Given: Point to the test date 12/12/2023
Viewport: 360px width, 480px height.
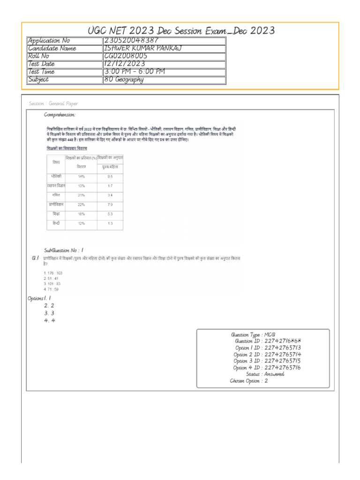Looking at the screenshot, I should click(125, 64).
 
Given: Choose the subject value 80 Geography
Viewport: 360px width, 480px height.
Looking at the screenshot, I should click(124, 79).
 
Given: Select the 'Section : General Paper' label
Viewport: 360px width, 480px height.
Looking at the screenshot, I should click(53, 104).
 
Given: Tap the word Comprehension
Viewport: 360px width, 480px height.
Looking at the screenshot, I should click(60, 115).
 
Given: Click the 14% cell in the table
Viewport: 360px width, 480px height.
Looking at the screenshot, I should click(81, 177).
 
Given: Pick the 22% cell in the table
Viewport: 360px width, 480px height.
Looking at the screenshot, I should click(81, 204).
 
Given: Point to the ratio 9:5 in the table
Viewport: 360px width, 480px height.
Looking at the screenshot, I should click(110, 177).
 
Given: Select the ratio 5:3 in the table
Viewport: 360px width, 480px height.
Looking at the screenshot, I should click(110, 214).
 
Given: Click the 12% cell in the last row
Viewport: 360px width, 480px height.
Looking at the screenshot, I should click(81, 223).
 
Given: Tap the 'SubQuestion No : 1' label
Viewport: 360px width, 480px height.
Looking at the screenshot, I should click(64, 251).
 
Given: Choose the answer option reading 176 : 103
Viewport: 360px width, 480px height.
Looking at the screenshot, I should click(53, 272).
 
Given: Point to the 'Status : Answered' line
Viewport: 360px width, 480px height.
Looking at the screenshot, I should click(265, 374).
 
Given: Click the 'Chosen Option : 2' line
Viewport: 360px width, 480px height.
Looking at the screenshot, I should click(248, 381).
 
